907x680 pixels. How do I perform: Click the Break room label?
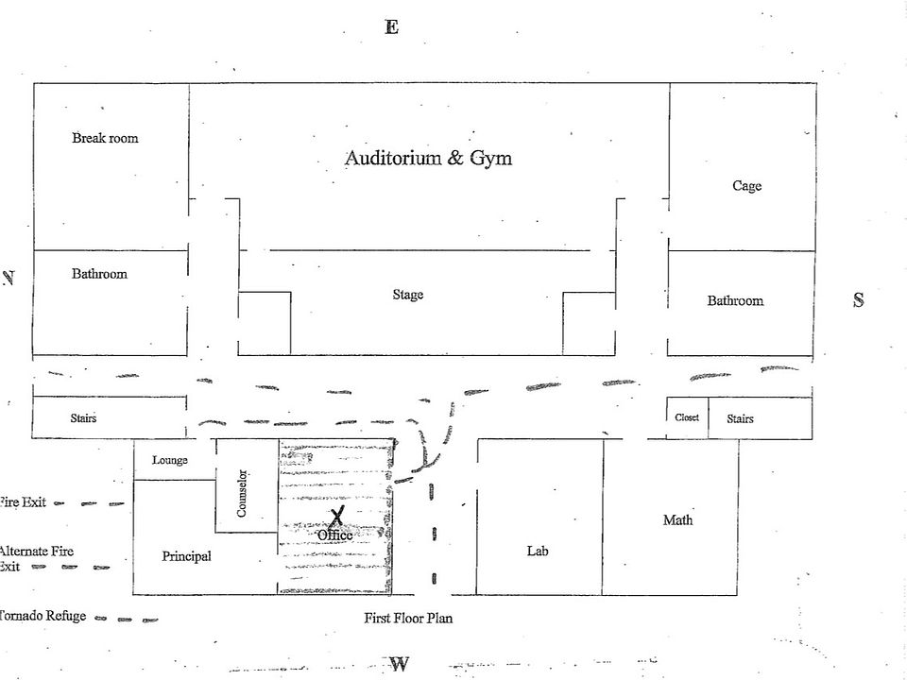[105, 138]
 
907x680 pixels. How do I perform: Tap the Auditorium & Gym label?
[428, 158]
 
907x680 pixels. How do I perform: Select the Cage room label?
[746, 186]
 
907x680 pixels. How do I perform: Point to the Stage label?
[408, 295]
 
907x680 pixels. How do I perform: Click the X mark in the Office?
[337, 516]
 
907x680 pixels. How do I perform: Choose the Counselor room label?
[242, 493]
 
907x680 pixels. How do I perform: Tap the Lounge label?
[170, 460]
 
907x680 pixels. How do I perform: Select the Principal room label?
[186, 556]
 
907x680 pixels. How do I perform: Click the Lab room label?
[538, 551]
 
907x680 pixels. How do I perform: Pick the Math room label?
[677, 519]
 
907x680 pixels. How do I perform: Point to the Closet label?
[687, 417]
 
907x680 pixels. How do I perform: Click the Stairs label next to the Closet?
[740, 418]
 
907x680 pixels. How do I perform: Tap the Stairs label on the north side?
[83, 417]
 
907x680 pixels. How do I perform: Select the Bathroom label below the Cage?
[735, 300]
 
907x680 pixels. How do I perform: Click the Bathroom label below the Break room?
[99, 274]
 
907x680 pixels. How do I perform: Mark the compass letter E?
[391, 26]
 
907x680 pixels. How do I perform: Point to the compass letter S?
[858, 300]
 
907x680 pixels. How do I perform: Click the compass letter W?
[399, 664]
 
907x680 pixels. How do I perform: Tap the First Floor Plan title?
[408, 619]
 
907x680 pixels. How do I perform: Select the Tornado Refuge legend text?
[43, 616]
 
